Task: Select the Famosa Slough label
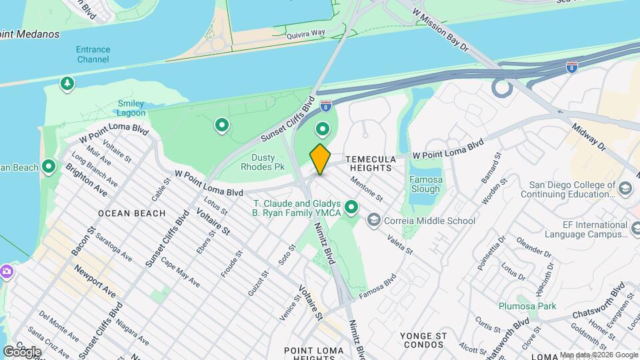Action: pos(425,184)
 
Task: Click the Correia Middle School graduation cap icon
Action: pos(373,220)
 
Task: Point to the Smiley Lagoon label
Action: pos(131,108)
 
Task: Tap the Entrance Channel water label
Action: pos(93,54)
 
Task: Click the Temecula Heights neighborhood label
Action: pos(375,164)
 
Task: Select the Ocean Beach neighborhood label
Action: pos(131,213)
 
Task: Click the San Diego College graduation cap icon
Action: pos(625,189)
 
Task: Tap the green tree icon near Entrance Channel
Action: pos(66,83)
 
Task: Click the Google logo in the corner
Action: pos(22,351)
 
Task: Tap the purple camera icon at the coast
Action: pos(6,271)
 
